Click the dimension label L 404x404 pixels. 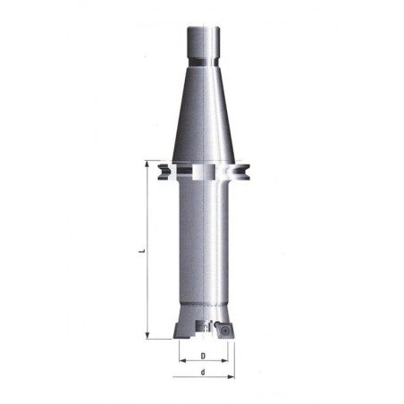tap(143, 250)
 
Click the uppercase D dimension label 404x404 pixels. tap(203, 356)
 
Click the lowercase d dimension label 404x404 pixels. tap(203, 372)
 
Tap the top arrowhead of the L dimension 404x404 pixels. tap(147, 164)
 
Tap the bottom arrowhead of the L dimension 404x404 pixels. tap(147, 336)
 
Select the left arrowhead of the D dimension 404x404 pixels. tap(182, 361)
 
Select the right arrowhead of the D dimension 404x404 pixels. tap(224, 361)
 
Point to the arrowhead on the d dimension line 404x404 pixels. tap(231, 377)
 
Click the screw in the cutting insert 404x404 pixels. tap(225, 330)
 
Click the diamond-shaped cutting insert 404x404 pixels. tap(226, 330)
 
